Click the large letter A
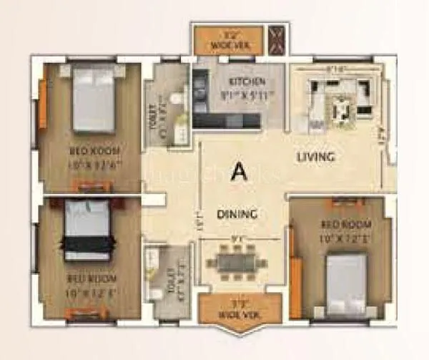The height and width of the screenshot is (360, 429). tap(239, 171)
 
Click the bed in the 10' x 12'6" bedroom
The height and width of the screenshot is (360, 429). tap(94, 99)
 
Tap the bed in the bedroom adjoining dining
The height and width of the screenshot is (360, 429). tap(346, 284)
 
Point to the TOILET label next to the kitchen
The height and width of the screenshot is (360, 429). tap(152, 118)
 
